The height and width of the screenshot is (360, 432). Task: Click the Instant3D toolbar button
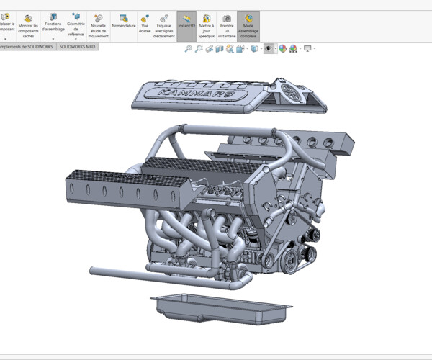pyautogui.click(x=186, y=25)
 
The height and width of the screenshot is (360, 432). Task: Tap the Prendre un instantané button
pyautogui.click(x=227, y=25)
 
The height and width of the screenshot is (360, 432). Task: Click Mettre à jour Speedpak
pyautogui.click(x=206, y=25)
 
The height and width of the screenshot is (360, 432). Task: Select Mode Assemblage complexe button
pyautogui.click(x=248, y=25)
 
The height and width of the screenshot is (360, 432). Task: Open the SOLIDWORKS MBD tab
pyautogui.click(x=77, y=46)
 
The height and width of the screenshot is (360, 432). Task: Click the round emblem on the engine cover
pyautogui.click(x=292, y=92)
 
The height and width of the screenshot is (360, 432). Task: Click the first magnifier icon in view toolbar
pyautogui.click(x=189, y=49)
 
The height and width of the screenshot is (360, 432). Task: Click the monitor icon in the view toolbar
pyautogui.click(x=308, y=49)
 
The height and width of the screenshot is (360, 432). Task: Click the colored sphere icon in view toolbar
pyautogui.click(x=283, y=49)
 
